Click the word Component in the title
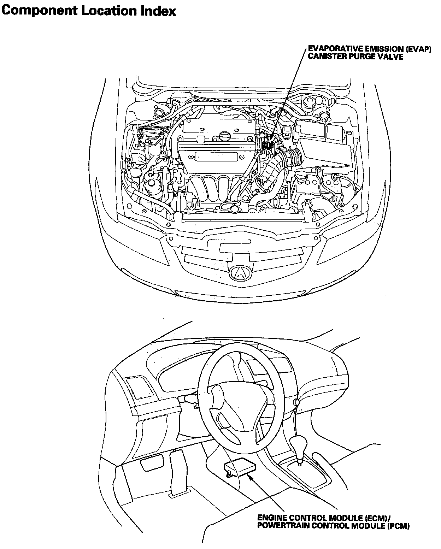[x=40, y=11]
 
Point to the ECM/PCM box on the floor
[x=240, y=466]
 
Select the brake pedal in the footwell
[x=152, y=463]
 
